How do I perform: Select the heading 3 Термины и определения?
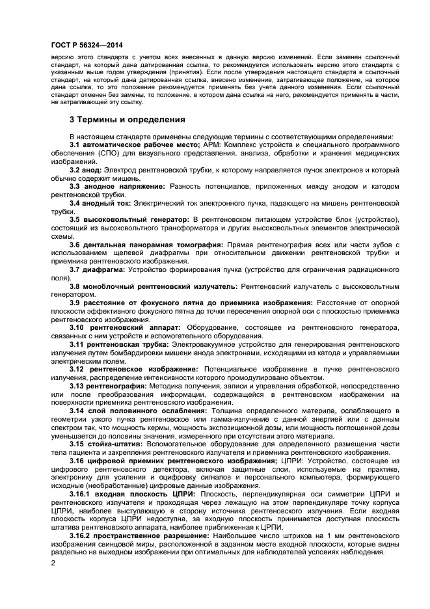(x=128, y=120)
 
